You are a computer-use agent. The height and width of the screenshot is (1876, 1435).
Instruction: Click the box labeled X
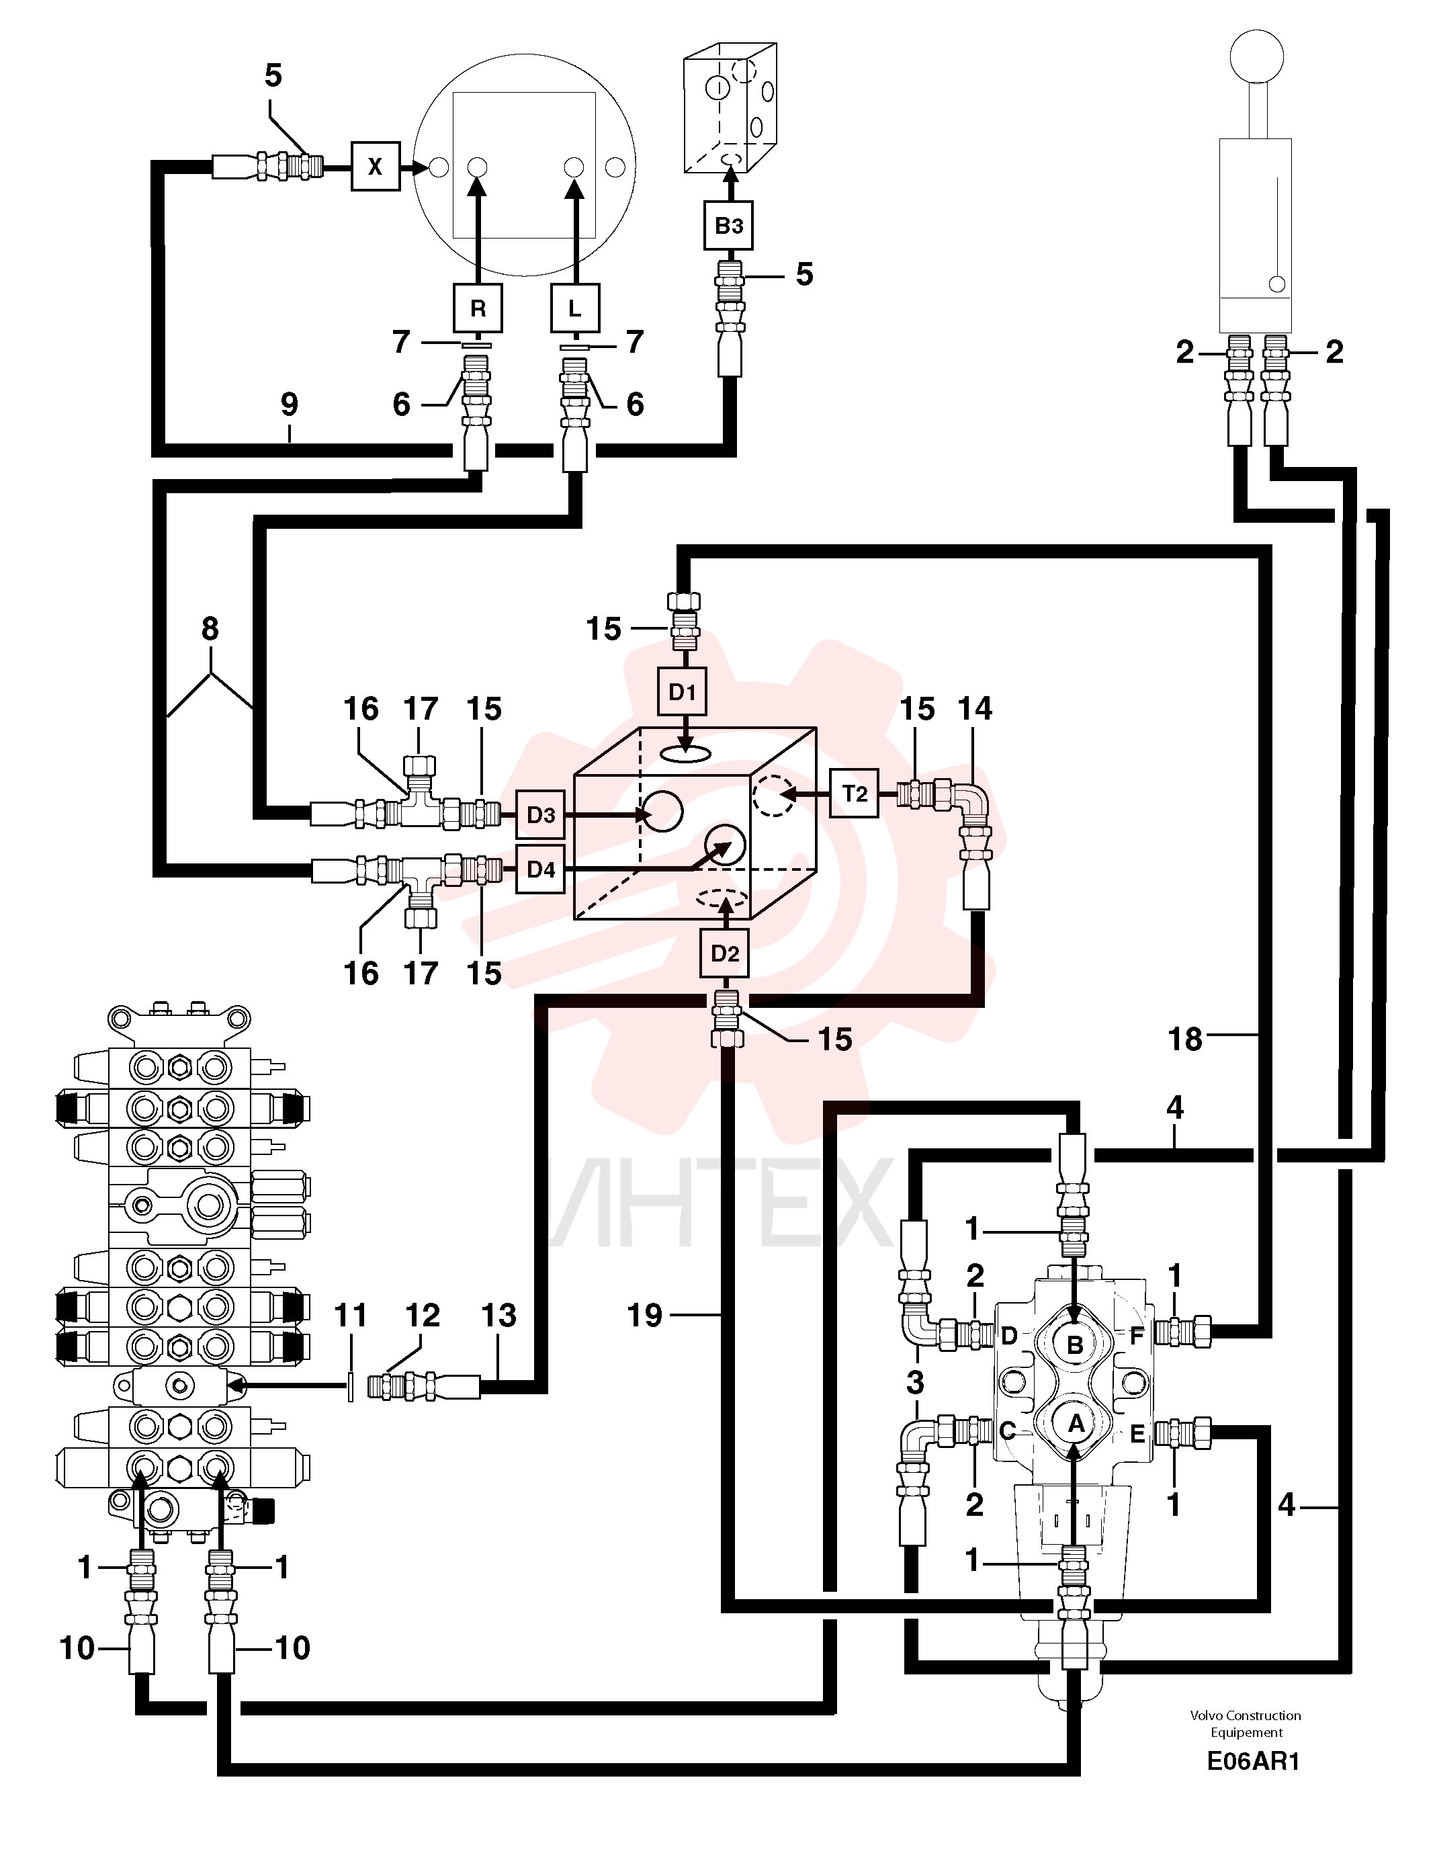376,167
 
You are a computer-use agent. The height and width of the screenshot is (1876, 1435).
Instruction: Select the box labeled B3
729,226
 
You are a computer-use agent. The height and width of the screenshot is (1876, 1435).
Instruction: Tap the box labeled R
478,308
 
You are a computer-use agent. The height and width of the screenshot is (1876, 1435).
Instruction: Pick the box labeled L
575,308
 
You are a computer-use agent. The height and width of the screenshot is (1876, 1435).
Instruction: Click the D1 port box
683,692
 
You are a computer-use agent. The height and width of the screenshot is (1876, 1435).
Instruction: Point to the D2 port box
725,953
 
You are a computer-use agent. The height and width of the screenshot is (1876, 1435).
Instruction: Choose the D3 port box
541,815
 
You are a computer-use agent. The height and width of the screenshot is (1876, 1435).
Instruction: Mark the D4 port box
541,869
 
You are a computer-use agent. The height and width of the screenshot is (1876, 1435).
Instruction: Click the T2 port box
855,794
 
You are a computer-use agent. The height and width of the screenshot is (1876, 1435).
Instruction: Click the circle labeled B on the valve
1076,1344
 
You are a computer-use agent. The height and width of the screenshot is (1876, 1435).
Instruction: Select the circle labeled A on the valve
1076,1424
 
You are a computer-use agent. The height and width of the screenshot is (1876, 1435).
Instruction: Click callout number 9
290,404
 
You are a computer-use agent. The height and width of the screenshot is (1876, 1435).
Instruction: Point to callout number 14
975,708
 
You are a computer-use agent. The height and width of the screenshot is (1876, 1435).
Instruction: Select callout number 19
645,1315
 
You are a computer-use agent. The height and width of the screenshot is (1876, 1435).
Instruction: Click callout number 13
499,1315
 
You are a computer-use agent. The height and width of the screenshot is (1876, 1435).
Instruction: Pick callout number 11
350,1315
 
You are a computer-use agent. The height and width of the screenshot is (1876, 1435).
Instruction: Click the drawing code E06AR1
1253,1762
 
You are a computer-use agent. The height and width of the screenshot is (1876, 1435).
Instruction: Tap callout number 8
210,629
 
